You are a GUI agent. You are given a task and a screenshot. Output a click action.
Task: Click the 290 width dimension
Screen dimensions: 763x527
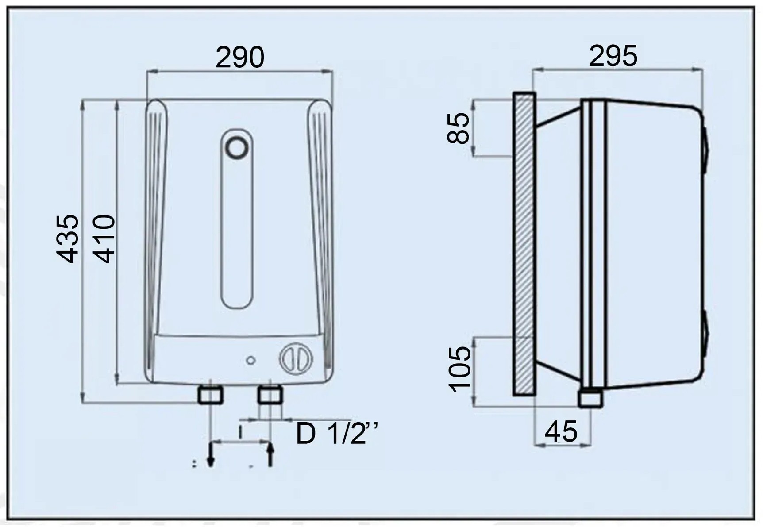[x=240, y=57]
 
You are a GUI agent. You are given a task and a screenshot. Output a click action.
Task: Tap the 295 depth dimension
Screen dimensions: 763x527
[x=613, y=56]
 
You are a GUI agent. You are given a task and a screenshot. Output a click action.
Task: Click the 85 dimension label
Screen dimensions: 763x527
[x=458, y=128]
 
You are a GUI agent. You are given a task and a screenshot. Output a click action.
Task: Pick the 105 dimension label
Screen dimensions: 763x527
[x=460, y=369]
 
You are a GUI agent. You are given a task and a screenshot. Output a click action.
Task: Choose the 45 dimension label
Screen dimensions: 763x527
[x=561, y=431]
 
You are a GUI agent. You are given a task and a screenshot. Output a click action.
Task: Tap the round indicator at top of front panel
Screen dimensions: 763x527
[x=237, y=148]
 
